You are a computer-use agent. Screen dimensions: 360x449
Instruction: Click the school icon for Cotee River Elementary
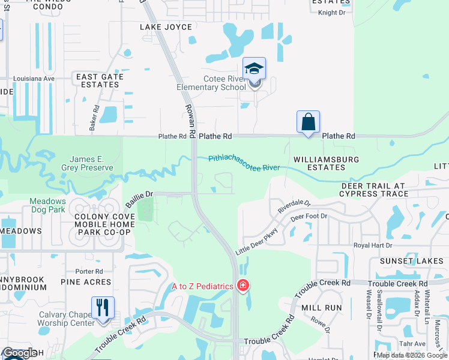pos(255,69)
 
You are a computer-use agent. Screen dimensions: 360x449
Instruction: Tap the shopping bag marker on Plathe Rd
pos(308,122)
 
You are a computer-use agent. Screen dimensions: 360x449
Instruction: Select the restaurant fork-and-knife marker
pos(103,308)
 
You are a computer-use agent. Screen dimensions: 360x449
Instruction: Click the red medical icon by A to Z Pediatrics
pos(243,286)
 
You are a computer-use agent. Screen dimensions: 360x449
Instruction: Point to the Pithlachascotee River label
pos(244,163)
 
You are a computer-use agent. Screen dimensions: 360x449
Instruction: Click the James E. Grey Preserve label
pos(91,163)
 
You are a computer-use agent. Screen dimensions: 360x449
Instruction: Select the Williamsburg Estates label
pos(326,164)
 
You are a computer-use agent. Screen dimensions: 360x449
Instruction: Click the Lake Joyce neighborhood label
pos(166,27)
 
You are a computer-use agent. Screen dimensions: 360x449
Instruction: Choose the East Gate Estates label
pos(100,80)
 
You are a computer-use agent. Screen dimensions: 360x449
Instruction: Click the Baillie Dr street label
pos(139,199)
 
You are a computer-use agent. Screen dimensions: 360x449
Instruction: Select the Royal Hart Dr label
pos(372,245)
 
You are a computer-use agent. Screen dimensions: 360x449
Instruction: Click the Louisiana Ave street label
pos(35,78)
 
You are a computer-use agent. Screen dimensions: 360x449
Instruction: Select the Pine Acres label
pos(86,281)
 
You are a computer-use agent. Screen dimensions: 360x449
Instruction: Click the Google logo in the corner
pos(19,353)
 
